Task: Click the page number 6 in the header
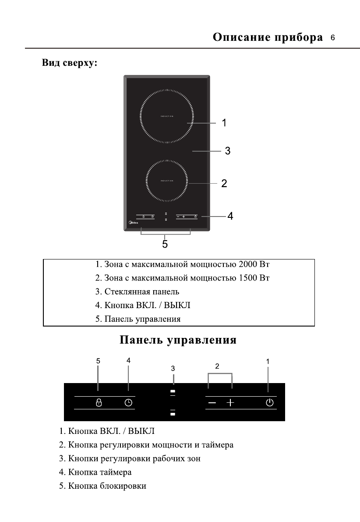[333, 38]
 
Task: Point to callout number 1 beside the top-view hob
[224, 123]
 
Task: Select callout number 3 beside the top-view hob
[227, 151]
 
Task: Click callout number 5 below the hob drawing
[165, 244]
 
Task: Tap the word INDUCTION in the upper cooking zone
[166, 116]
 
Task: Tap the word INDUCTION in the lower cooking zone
[166, 181]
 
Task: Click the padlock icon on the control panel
[99, 403]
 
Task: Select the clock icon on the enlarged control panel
[128, 403]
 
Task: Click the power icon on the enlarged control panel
[270, 403]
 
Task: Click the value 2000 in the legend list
[249, 265]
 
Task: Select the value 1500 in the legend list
[249, 278]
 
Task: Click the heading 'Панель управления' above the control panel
[178, 341]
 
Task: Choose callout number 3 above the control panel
[173, 369]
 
